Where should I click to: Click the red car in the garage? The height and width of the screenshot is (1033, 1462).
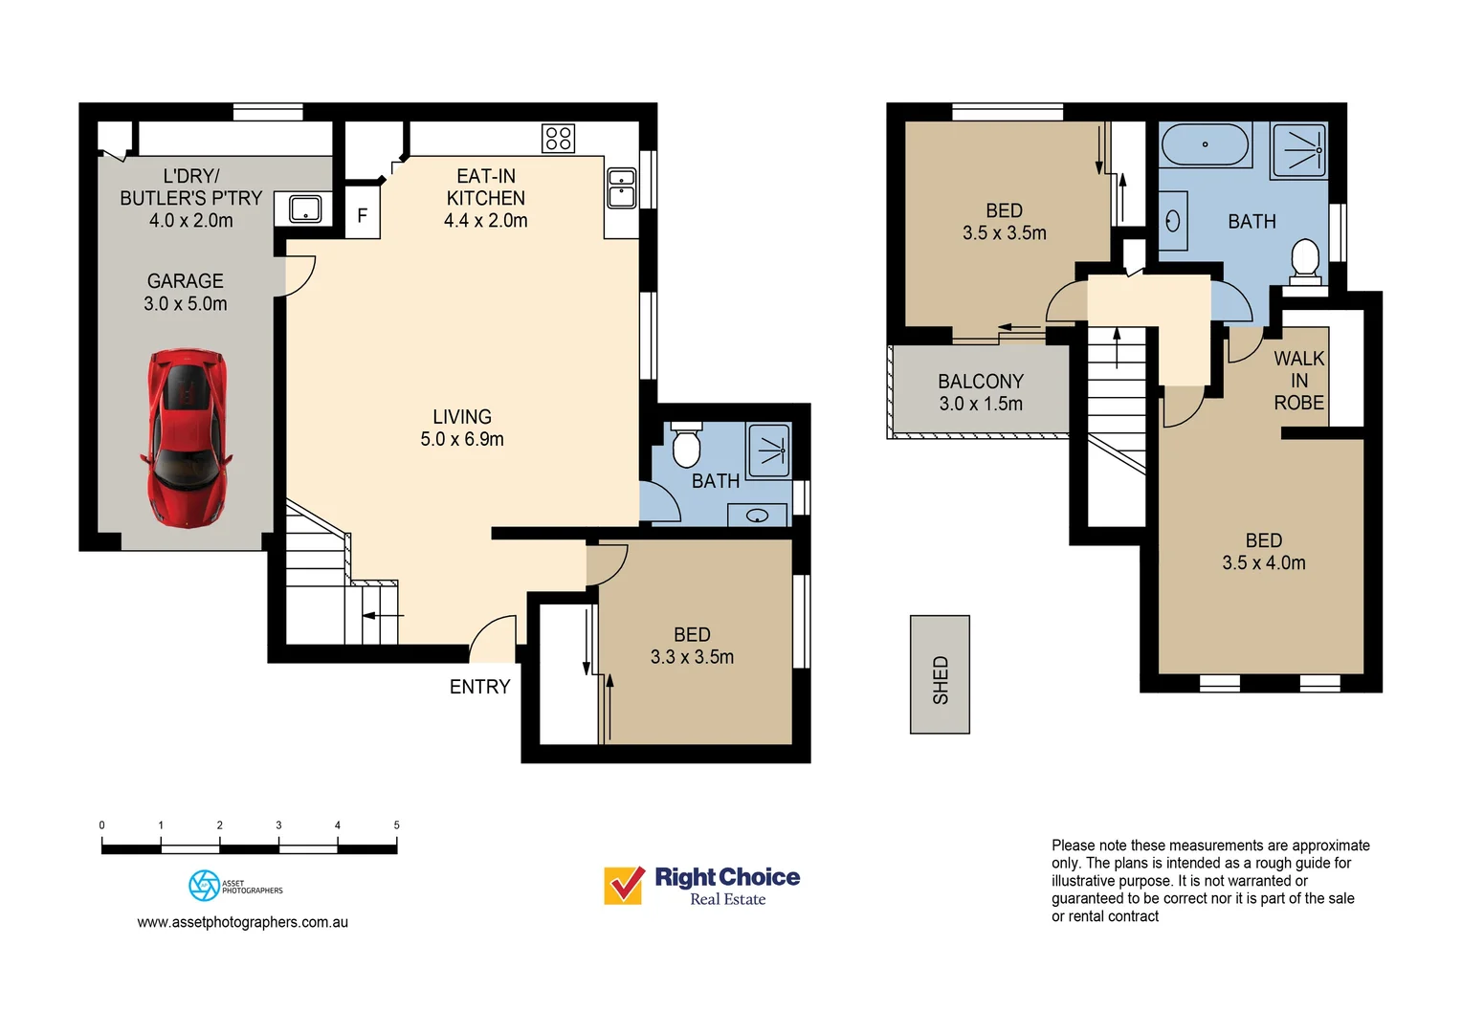pos(188,437)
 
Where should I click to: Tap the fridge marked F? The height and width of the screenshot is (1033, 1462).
pos(363,215)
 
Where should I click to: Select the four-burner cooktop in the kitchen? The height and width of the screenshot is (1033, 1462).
pos(559,139)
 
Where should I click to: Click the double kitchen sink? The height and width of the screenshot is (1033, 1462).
pos(622,188)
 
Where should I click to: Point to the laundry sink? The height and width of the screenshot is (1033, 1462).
pos(305,209)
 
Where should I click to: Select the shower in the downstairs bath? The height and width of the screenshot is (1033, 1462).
pos(769,450)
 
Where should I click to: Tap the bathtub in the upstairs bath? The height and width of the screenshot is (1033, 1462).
pos(1205,145)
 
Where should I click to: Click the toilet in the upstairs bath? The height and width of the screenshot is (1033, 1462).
pos(1305,260)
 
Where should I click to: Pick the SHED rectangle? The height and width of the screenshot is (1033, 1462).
pos(940,674)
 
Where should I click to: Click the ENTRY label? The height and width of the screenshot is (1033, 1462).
pos(479,687)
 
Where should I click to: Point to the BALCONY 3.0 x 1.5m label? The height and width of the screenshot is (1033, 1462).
pos(981,393)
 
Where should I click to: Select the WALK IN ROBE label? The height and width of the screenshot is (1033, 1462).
pos(1298,381)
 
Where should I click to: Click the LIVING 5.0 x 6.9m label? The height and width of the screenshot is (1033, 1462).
pos(462,428)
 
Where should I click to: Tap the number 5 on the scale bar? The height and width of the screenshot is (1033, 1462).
pos(396,824)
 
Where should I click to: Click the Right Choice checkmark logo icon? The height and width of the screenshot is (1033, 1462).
pos(624,885)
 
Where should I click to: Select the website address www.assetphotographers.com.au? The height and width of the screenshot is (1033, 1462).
pos(242,922)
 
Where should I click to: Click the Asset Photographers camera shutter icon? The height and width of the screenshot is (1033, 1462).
pos(204,886)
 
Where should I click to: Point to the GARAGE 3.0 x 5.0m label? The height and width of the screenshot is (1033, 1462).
pos(186,292)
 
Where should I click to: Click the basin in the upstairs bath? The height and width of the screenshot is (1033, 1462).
pos(1173,222)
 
